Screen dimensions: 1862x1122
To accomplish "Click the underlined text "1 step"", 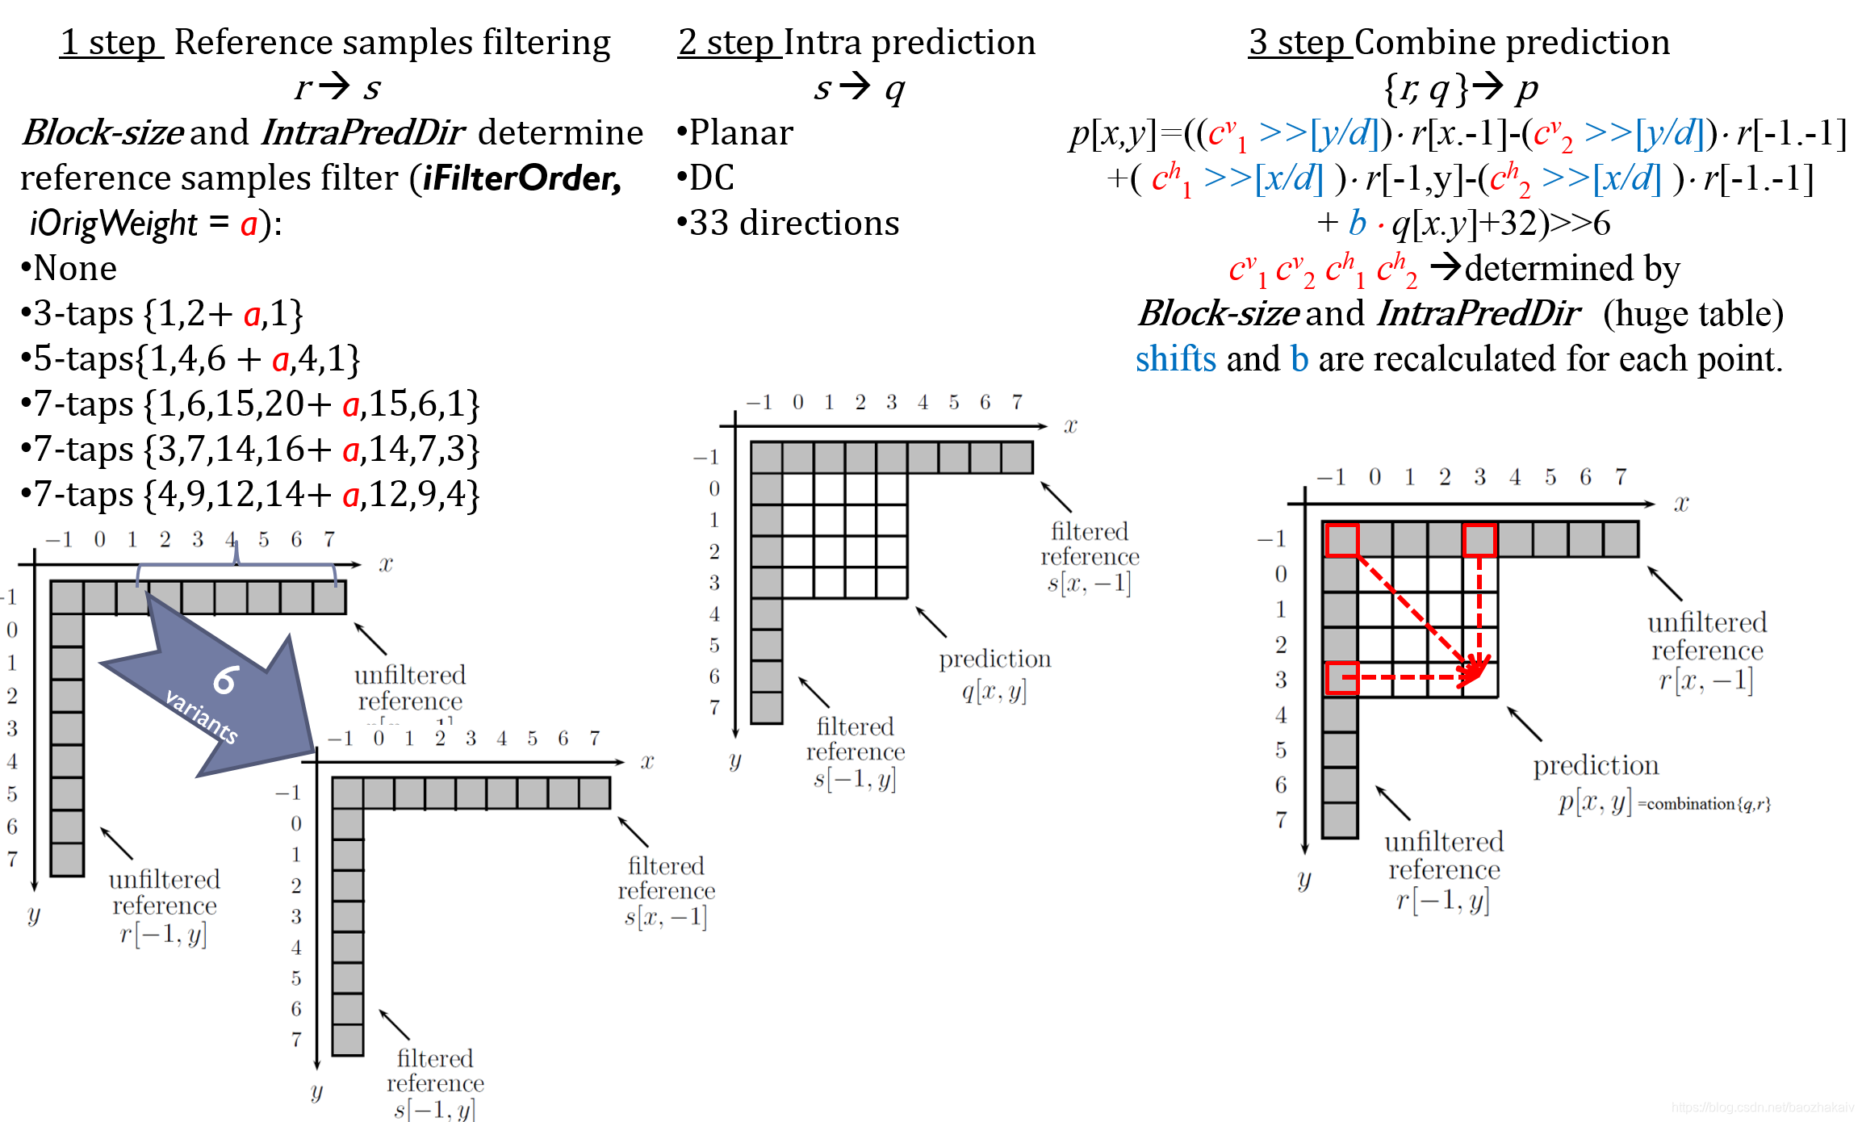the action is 111,42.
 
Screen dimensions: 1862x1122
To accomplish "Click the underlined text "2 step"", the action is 728,42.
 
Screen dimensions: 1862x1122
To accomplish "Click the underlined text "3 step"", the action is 1299,42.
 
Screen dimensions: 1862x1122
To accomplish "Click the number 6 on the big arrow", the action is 225,680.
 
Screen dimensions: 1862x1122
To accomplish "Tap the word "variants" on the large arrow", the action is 202,716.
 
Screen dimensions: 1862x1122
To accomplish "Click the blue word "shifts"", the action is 1175,358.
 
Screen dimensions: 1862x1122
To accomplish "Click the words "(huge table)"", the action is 1693,313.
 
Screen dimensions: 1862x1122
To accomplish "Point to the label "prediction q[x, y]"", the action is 994,675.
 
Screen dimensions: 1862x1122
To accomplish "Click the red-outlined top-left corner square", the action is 1341,539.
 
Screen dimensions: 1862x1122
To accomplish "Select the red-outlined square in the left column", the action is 1341,678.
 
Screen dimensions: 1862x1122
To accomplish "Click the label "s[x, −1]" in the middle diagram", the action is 1089,583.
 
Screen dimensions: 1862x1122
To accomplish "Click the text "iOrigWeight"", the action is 114,224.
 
